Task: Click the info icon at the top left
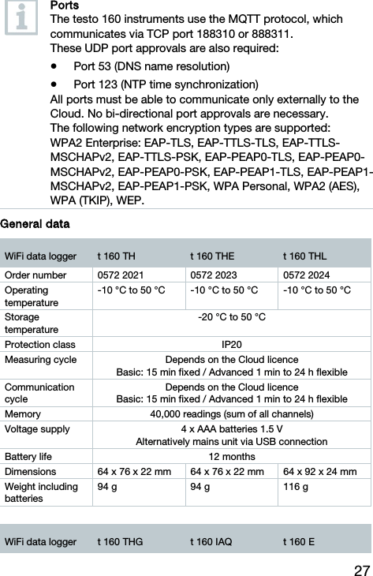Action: [x=21, y=20]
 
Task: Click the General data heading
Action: [x=35, y=225]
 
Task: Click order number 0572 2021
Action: [x=121, y=275]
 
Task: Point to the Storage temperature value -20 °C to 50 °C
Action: [x=231, y=317]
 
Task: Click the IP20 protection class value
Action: [x=231, y=344]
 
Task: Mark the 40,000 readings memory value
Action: [x=231, y=413]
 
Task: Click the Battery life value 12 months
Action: [x=231, y=457]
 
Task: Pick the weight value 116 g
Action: [x=296, y=488]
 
